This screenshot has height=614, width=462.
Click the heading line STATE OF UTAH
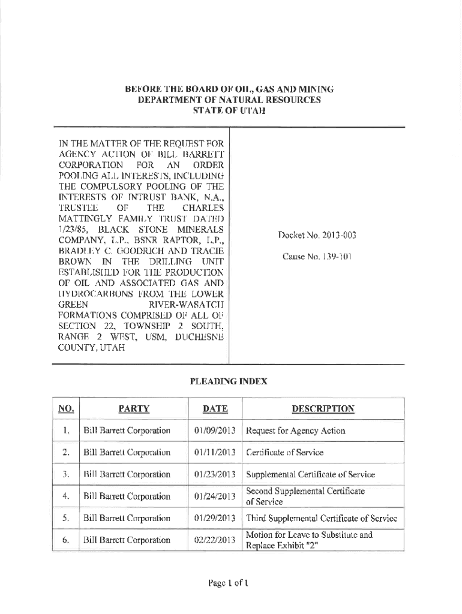pyautogui.click(x=229, y=111)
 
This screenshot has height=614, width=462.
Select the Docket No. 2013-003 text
pyautogui.click(x=317, y=236)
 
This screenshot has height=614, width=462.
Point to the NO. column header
pyautogui.click(x=66, y=409)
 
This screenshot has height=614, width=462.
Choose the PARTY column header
pyautogui.click(x=134, y=409)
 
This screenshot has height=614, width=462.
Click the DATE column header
pyautogui.click(x=215, y=409)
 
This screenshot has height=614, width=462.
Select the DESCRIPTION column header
pyautogui.click(x=323, y=409)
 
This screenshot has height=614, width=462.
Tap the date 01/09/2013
pyautogui.click(x=215, y=431)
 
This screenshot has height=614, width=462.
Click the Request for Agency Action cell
pyautogui.click(x=295, y=431)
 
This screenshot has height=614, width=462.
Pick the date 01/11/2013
pyautogui.click(x=215, y=452)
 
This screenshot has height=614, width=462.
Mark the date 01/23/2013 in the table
pyautogui.click(x=215, y=474)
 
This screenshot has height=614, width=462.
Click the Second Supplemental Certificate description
pyautogui.click(x=305, y=496)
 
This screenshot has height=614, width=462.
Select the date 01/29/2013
pyautogui.click(x=215, y=517)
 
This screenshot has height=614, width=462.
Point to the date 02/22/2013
pyautogui.click(x=215, y=540)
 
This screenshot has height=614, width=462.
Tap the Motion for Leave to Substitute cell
pyautogui.click(x=309, y=540)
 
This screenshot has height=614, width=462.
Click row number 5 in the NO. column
pyautogui.click(x=66, y=517)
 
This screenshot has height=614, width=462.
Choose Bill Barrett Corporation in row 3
pyautogui.click(x=127, y=474)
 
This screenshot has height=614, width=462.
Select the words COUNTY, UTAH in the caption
pyautogui.click(x=91, y=348)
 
